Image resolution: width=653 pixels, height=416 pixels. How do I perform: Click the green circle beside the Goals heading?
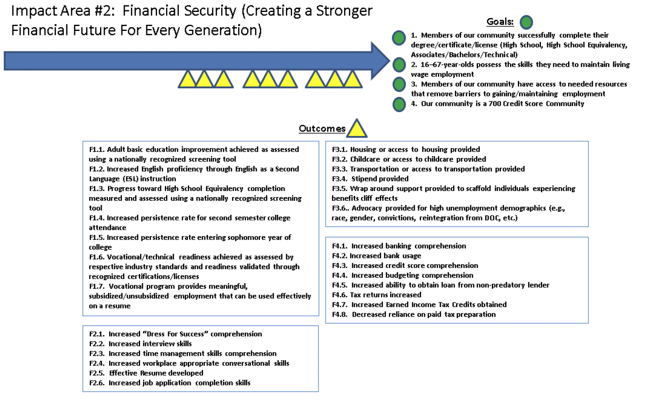526,22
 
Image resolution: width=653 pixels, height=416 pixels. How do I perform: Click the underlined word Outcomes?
322,129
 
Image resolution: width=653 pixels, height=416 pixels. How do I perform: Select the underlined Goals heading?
500,22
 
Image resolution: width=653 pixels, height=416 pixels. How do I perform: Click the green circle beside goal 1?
399,38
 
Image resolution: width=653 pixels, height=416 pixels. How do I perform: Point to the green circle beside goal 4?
399,104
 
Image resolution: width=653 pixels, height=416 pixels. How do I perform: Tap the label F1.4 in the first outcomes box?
97,218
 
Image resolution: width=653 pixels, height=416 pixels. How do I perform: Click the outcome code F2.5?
97,373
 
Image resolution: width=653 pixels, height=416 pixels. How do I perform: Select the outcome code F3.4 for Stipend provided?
339,179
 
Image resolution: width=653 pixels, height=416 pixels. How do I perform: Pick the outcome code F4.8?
340,314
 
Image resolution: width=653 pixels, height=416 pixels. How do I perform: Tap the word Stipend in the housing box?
365,179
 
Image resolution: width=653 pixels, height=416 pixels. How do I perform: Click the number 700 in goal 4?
494,103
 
